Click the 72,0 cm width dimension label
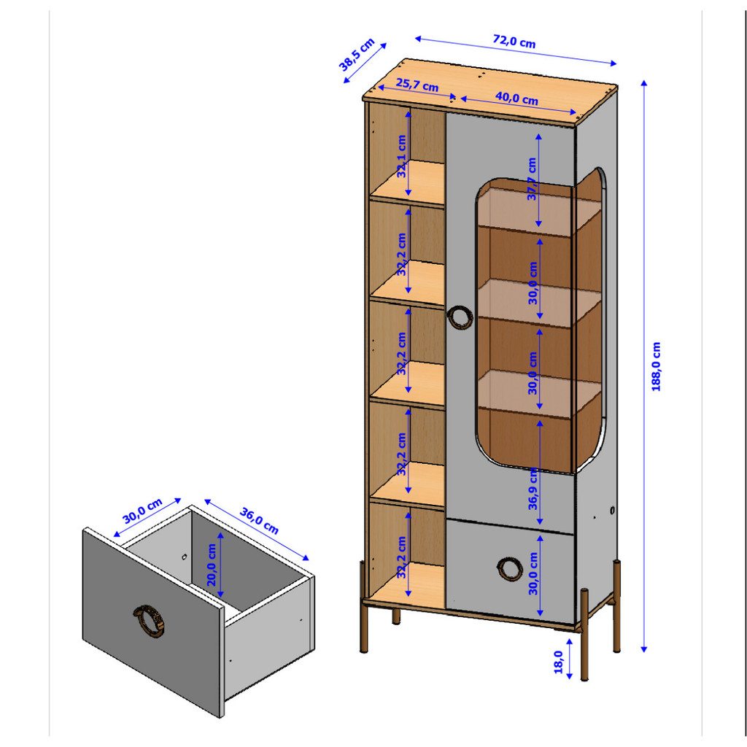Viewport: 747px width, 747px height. pyautogui.click(x=514, y=42)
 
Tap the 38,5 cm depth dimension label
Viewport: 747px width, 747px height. pyautogui.click(x=357, y=55)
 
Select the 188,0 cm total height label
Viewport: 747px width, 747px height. pyautogui.click(x=656, y=366)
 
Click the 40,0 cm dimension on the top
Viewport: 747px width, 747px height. pyautogui.click(x=516, y=98)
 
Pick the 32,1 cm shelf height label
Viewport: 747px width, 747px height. pyautogui.click(x=402, y=156)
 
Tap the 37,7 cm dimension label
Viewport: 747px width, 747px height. pyautogui.click(x=532, y=179)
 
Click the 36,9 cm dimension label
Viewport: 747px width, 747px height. pyautogui.click(x=533, y=489)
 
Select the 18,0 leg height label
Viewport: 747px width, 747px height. pyautogui.click(x=558, y=662)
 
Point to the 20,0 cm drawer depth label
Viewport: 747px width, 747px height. pyautogui.click(x=212, y=565)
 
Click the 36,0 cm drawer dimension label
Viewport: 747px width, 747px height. pyautogui.click(x=259, y=521)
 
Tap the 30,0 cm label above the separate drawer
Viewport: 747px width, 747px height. pyautogui.click(x=142, y=511)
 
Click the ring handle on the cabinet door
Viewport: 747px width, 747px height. pyautogui.click(x=460, y=317)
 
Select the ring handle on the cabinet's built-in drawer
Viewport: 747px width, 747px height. pyautogui.click(x=510, y=569)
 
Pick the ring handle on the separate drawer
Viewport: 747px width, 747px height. pyautogui.click(x=149, y=622)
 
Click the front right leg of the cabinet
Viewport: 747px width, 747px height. pyautogui.click(x=584, y=635)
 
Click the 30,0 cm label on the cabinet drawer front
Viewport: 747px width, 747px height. pyautogui.click(x=533, y=573)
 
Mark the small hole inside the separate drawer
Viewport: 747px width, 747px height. pyautogui.click(x=184, y=557)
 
